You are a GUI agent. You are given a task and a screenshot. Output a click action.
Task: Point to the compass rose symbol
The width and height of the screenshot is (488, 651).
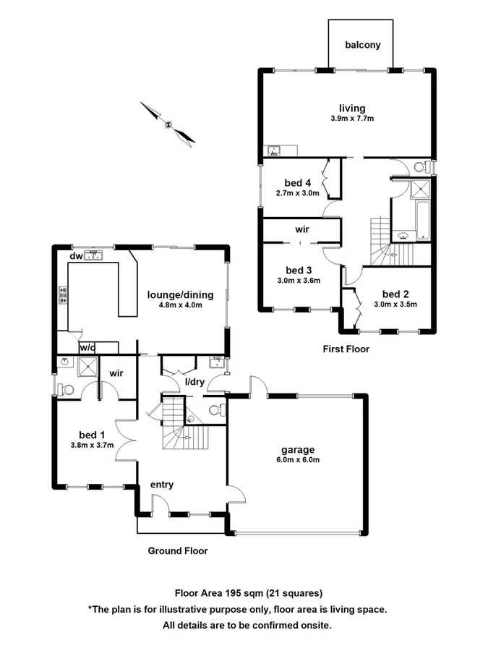(x=168, y=124)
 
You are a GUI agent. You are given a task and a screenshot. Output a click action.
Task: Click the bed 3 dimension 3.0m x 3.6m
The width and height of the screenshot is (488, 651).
(x=298, y=280)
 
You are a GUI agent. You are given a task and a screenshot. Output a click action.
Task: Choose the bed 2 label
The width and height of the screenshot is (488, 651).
(x=396, y=294)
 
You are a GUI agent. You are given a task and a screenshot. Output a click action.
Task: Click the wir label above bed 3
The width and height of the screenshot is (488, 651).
(x=302, y=229)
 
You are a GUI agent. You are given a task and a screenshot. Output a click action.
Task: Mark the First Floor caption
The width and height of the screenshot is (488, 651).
(x=346, y=349)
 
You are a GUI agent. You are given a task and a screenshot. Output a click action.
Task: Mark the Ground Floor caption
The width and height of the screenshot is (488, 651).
(x=178, y=550)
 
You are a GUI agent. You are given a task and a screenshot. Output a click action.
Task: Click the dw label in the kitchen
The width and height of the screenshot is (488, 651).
(x=75, y=255)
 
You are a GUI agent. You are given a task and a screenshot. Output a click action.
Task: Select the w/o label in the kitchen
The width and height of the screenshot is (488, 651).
(x=87, y=348)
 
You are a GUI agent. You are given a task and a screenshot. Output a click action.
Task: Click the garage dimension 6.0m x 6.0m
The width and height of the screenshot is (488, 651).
(x=297, y=459)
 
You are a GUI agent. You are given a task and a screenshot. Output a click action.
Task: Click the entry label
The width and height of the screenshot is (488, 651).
(x=161, y=485)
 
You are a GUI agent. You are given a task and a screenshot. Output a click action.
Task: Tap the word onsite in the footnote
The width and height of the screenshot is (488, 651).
(x=314, y=624)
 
